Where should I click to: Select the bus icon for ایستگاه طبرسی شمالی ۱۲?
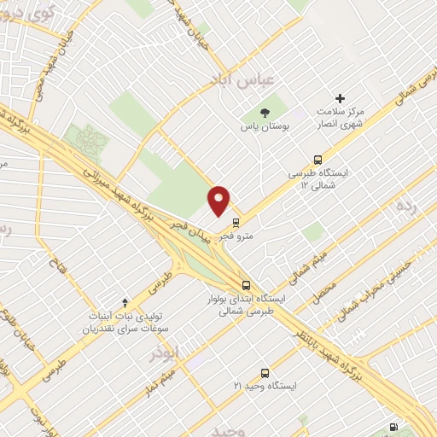tap(318, 159)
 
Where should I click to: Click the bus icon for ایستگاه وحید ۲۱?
tap(265, 373)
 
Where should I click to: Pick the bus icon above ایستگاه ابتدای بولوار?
tap(246, 285)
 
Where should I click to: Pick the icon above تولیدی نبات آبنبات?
tap(125, 301)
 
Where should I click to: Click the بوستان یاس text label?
tap(263, 126)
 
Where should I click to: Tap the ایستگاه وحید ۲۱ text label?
tap(266, 387)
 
